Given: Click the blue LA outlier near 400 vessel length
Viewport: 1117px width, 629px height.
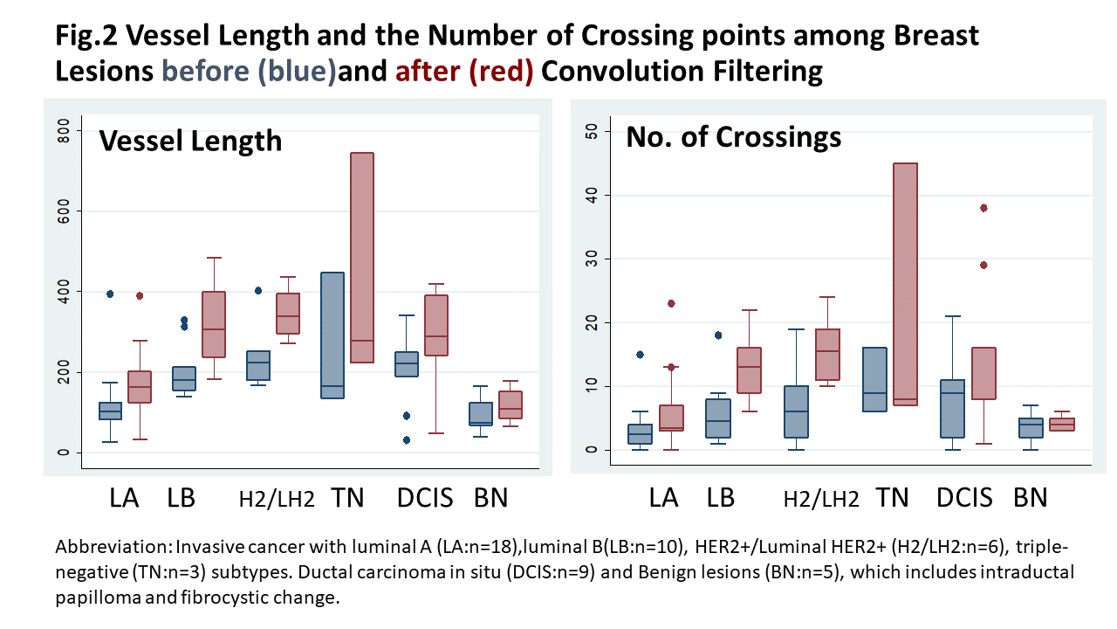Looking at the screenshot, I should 110,294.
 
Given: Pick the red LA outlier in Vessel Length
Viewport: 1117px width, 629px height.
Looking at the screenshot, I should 140,295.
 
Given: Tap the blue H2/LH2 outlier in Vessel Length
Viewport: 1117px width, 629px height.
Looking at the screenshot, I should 258,291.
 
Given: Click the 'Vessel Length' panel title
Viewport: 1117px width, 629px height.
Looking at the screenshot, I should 190,140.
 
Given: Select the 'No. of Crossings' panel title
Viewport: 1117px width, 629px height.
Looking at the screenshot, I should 733,136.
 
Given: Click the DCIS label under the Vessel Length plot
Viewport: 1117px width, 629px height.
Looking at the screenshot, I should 425,498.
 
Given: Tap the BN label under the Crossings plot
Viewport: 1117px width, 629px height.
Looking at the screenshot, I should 1030,498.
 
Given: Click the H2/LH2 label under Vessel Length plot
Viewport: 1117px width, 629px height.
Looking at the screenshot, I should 277,499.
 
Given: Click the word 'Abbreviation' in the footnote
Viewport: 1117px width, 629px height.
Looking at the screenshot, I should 113,548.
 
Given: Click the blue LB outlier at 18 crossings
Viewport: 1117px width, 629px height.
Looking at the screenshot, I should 717,335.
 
